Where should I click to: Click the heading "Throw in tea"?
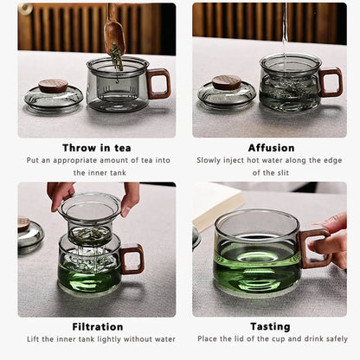point(97,148)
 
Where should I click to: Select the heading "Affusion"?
point(271,148)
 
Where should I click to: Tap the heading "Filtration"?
point(96,326)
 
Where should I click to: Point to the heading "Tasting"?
point(271,326)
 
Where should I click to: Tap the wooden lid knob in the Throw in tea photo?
point(54,85)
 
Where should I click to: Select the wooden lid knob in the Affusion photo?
point(227,82)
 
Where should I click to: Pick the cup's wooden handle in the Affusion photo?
point(331,82)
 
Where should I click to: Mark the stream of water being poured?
point(285,30)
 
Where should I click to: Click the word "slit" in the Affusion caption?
point(283,172)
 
